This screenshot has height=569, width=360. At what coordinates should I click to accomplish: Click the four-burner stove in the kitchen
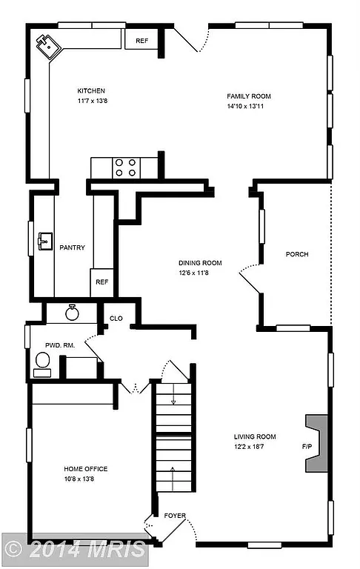tap(124, 167)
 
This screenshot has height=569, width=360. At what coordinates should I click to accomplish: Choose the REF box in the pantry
tap(101, 282)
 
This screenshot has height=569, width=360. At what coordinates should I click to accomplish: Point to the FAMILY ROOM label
tap(249, 96)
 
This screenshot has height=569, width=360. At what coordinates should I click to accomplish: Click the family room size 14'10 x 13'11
tap(249, 106)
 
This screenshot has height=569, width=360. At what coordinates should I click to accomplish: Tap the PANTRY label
tap(72, 248)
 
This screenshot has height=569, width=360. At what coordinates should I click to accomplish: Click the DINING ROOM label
tap(200, 262)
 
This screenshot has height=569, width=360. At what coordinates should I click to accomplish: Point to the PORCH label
tap(297, 254)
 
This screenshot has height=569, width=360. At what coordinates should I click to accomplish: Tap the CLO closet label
tap(116, 319)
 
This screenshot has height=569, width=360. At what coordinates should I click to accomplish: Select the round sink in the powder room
tap(73, 312)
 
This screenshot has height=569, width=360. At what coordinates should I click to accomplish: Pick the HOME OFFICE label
tap(86, 469)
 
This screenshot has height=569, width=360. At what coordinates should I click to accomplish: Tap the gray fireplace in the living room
tap(316, 443)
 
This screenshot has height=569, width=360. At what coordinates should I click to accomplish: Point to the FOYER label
tap(176, 516)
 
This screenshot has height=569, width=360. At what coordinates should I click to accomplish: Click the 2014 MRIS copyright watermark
tap(75, 549)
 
